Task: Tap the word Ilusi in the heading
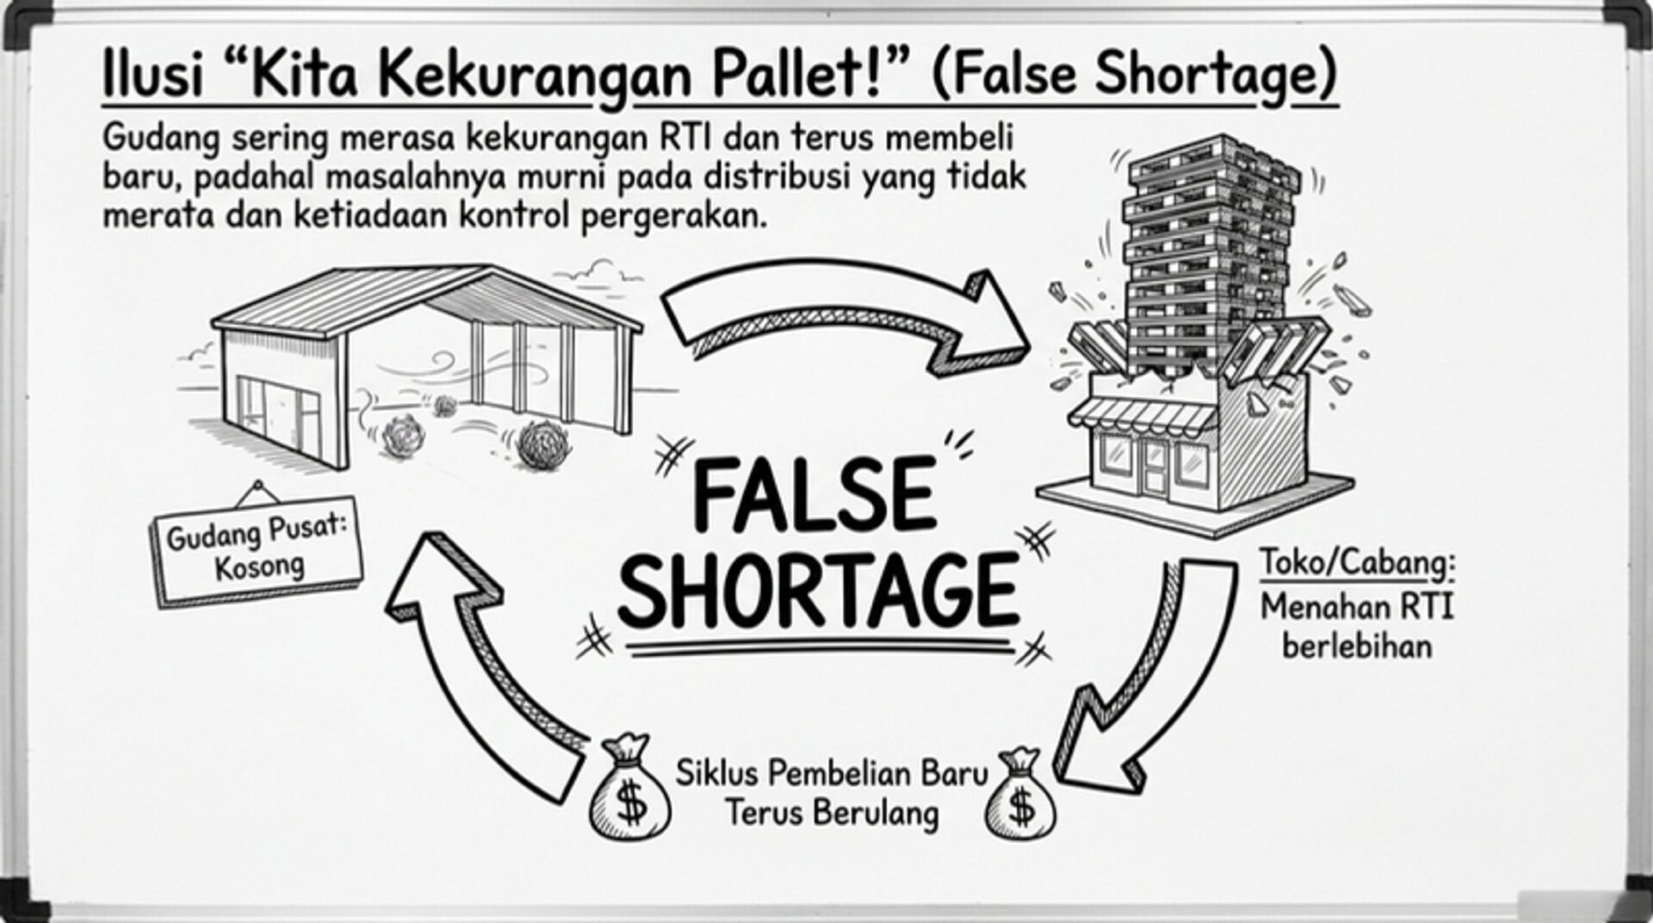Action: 153,76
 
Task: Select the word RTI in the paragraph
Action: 685,138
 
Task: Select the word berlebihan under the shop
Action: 1357,646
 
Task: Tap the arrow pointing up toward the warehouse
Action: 482,663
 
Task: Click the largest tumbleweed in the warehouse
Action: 542,444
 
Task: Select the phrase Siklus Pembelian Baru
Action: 831,773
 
